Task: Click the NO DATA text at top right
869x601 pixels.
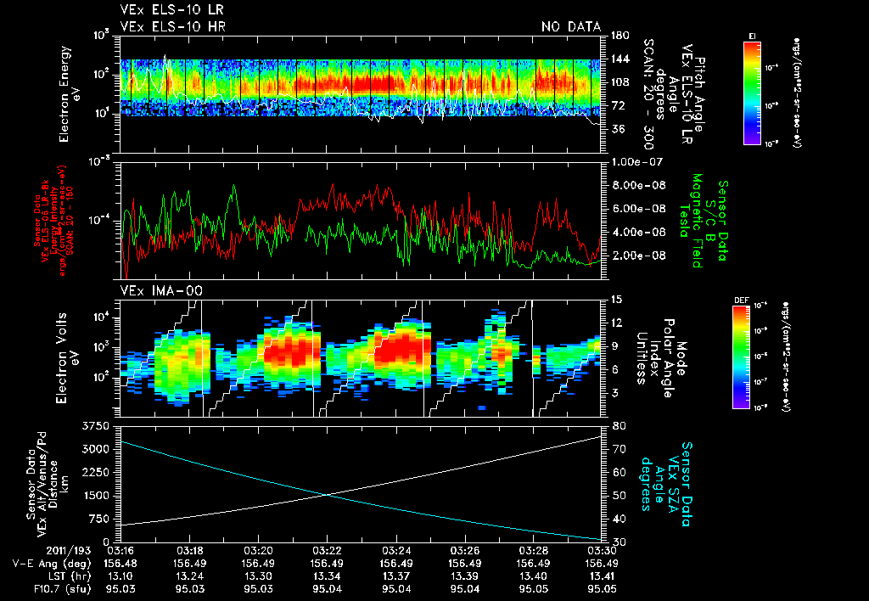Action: coord(571,27)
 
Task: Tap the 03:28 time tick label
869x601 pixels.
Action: coord(533,549)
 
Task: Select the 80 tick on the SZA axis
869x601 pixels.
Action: coord(619,424)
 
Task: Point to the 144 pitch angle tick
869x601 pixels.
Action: coord(622,59)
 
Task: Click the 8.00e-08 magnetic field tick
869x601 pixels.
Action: coord(636,185)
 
